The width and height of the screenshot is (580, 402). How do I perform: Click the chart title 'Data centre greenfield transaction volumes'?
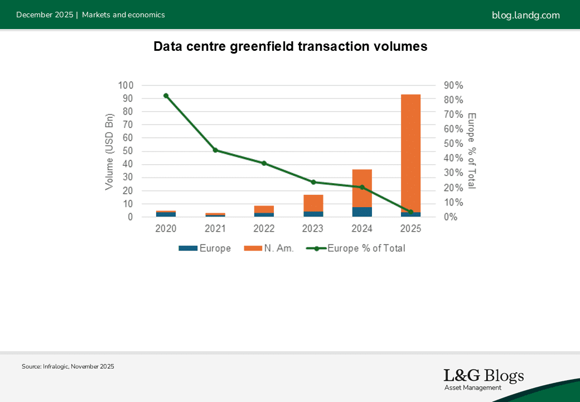click(290, 47)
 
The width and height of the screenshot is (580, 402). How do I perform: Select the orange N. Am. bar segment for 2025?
click(411, 151)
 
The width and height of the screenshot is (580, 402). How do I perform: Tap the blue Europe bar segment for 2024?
click(362, 212)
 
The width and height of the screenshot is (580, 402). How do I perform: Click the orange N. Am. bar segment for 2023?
click(313, 203)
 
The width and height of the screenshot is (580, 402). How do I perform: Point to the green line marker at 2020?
click(166, 95)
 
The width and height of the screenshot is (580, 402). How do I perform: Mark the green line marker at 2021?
click(215, 150)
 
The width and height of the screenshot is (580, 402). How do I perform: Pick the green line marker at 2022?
click(264, 163)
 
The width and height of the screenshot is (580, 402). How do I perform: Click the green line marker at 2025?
click(411, 212)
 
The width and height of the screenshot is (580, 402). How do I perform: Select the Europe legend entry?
click(205, 248)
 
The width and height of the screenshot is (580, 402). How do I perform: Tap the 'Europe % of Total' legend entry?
click(356, 248)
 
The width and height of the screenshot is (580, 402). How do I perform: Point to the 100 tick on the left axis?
click(125, 85)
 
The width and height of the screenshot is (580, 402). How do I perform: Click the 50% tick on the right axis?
click(453, 143)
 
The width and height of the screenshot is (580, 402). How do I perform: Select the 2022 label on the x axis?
click(264, 229)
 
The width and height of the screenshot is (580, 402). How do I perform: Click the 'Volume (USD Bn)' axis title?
click(109, 151)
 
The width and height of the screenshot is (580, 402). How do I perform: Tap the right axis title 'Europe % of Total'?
click(472, 151)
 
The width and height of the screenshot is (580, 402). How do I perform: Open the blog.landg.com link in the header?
click(525, 15)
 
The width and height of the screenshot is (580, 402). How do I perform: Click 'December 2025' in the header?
click(45, 15)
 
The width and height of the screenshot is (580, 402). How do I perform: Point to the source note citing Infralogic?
click(68, 366)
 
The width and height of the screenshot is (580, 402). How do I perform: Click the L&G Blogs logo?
click(483, 379)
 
